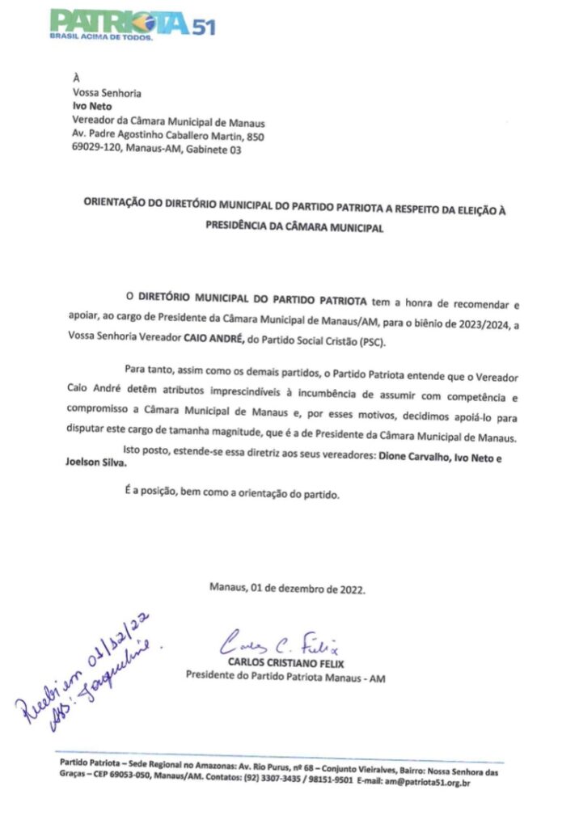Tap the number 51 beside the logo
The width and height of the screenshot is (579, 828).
coord(203,26)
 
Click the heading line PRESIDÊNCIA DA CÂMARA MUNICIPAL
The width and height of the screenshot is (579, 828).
coord(293,230)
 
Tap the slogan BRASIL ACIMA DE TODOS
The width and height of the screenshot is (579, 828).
coord(100,36)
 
